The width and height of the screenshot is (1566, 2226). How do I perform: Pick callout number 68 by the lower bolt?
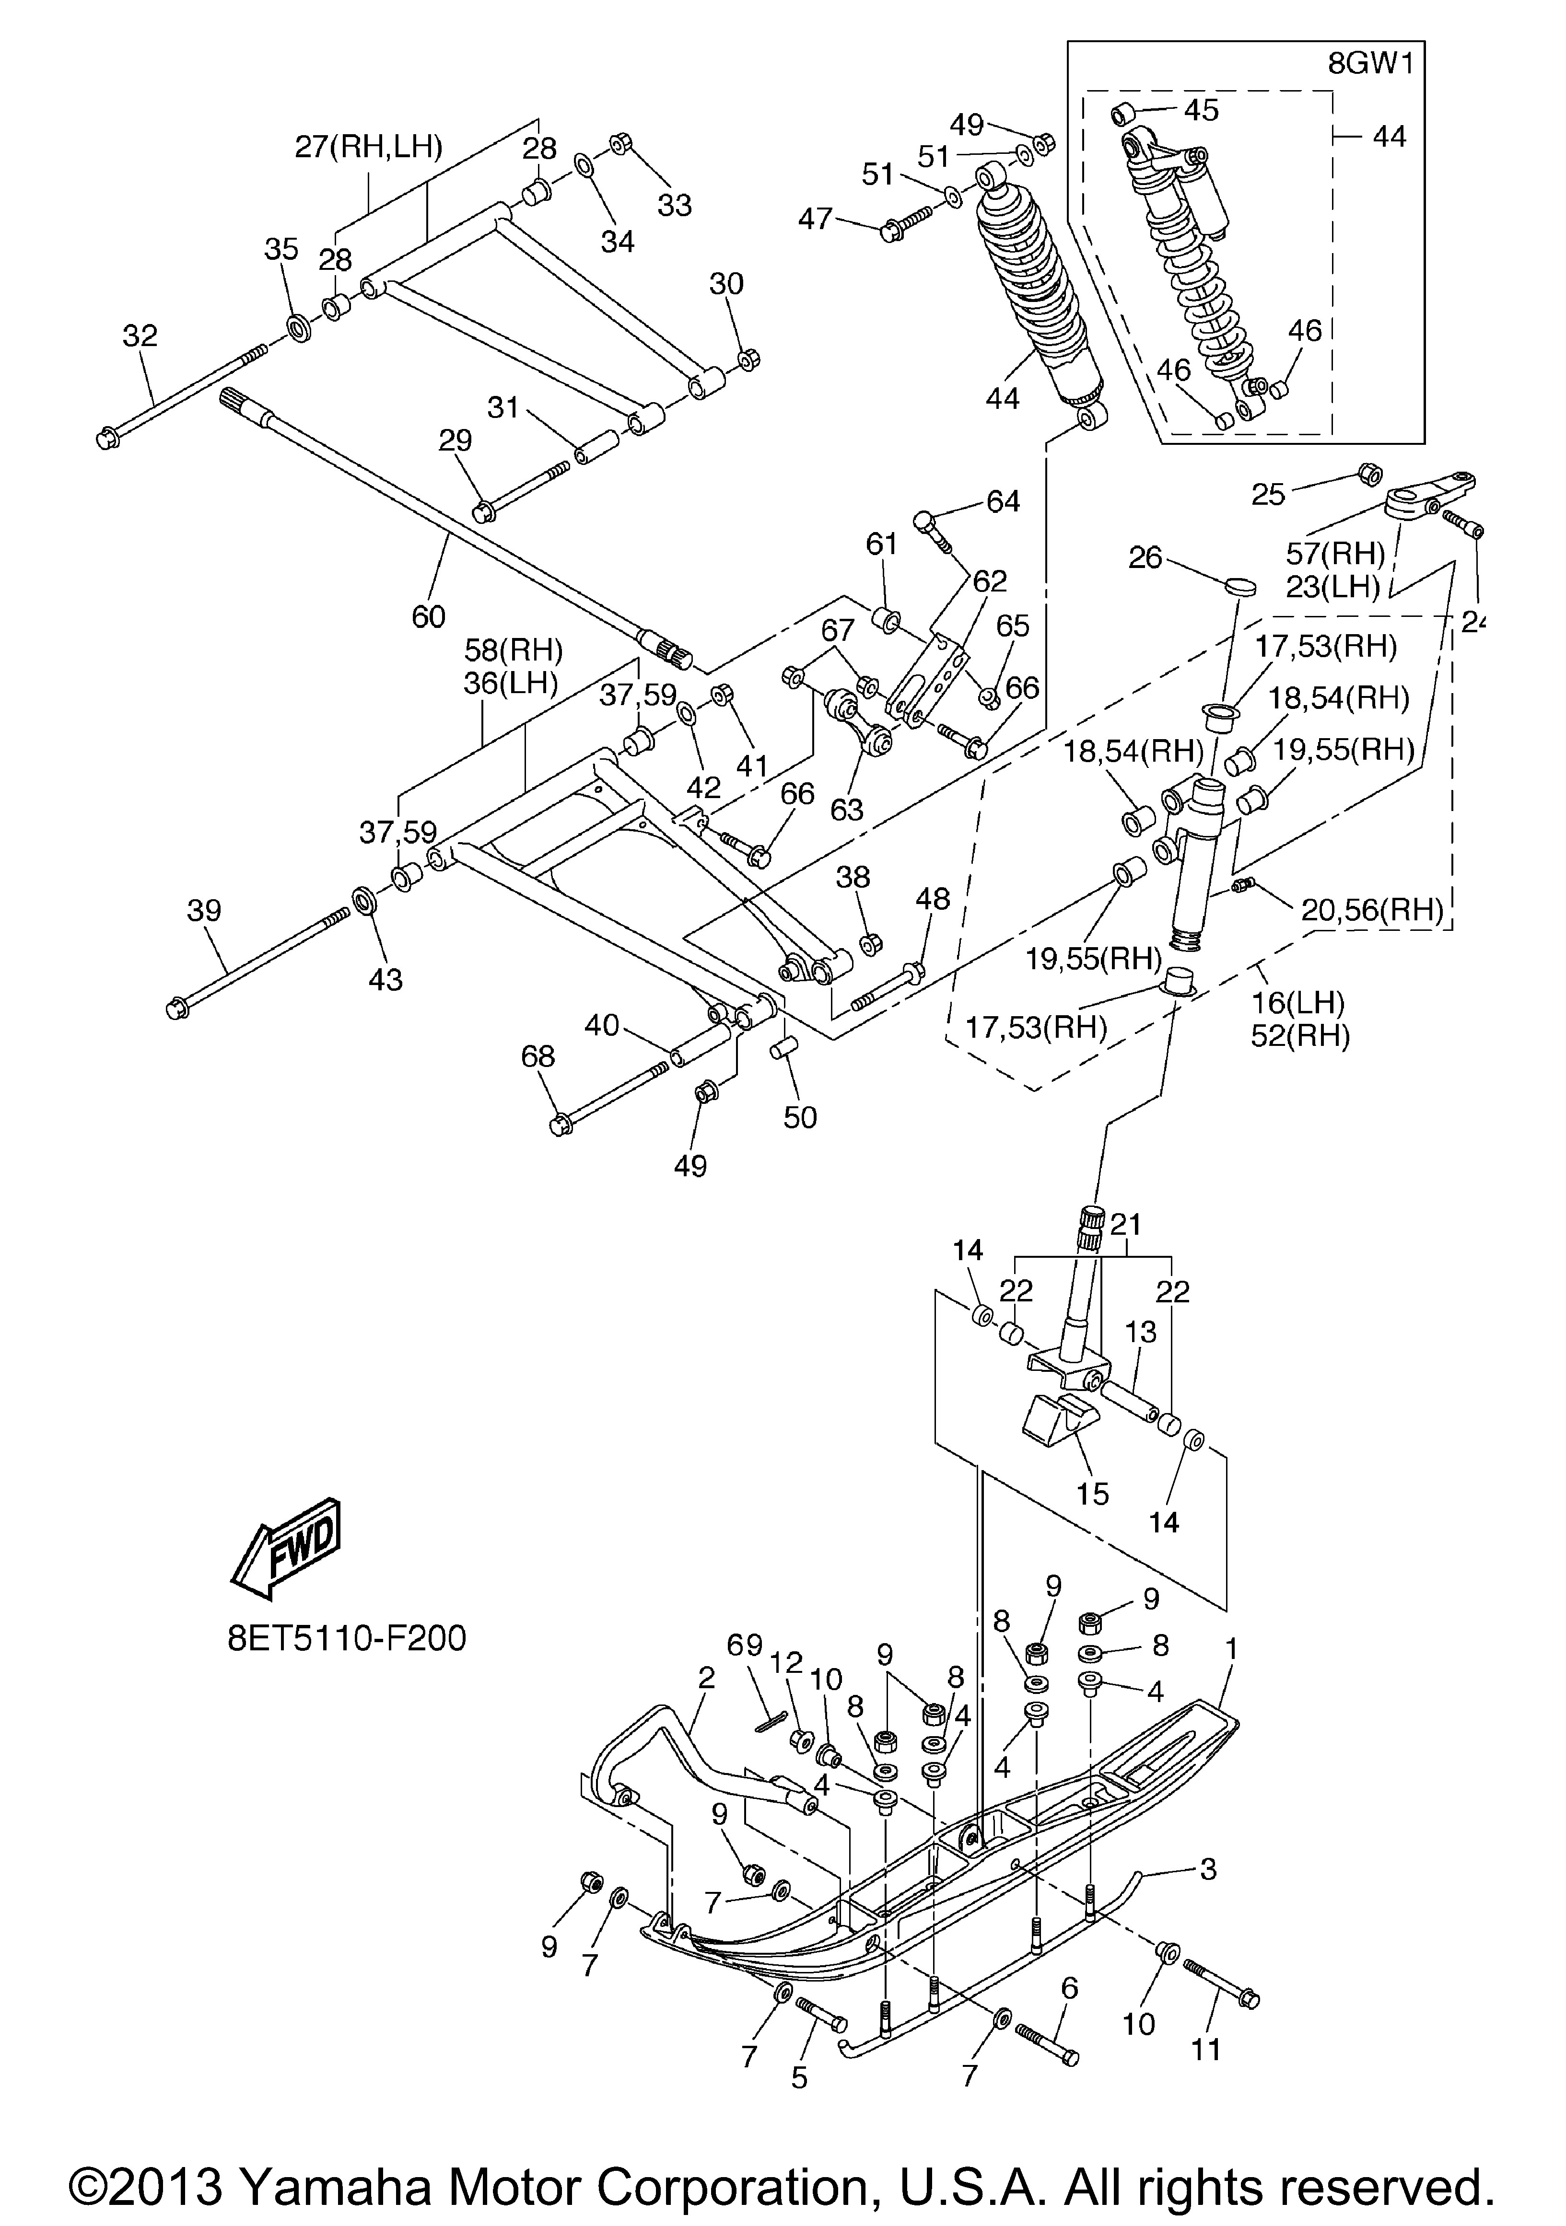click(538, 1057)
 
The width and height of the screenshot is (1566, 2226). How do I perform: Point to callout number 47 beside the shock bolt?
click(816, 219)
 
